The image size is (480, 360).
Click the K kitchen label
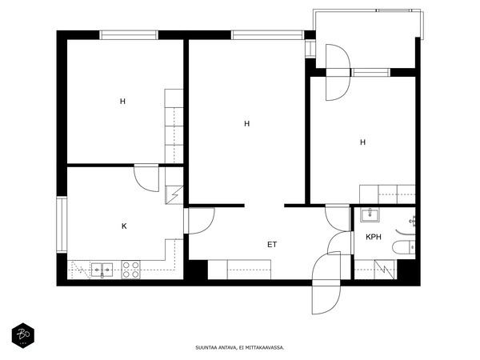pos(124,226)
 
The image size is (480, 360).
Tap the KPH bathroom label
pos(374,237)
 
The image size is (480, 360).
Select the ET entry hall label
pos(272,245)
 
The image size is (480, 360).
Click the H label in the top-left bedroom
pos(122,102)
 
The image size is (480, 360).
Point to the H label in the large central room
pos(247,124)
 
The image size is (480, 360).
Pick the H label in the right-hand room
pos(362,142)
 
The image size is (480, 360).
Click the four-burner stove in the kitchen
pos(130,270)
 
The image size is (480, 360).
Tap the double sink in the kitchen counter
pos(102,270)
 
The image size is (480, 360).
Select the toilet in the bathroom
pos(403,247)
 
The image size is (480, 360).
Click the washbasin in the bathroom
pos(370,214)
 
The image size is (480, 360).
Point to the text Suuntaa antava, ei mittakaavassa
pos(240,348)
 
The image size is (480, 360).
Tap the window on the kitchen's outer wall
pos(62,225)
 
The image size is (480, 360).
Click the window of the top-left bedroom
pos(129,35)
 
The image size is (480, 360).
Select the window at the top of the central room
pos(267,35)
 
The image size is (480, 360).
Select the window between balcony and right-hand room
pos(370,73)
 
